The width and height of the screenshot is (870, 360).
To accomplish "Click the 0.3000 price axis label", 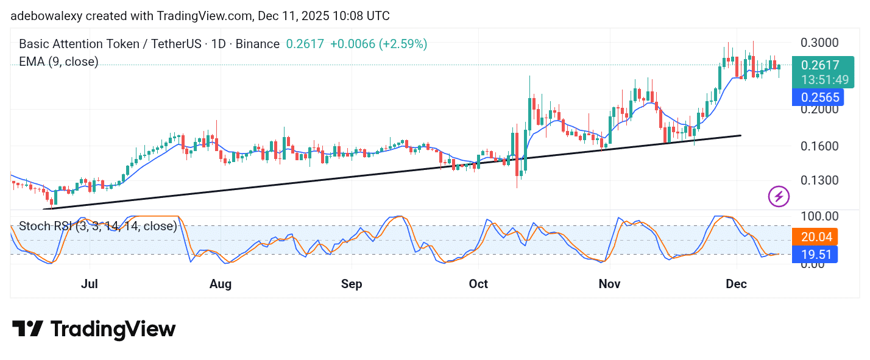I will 819,43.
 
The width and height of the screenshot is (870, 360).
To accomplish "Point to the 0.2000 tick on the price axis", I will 819,110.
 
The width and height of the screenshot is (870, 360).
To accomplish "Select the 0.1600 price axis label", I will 819,146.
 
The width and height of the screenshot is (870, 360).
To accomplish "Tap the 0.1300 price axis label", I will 819,181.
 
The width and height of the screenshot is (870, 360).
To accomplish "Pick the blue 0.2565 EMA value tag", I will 819,97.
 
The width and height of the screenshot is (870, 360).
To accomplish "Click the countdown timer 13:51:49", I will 824,80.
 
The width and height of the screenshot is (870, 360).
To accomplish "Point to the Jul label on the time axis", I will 90,284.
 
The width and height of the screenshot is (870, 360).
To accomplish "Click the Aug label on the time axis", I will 221,284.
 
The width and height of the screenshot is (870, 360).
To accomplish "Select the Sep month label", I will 352,284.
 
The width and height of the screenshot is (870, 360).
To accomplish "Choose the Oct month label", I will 478,284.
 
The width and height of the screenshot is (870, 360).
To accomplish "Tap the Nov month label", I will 610,284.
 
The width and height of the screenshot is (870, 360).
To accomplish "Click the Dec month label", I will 737,284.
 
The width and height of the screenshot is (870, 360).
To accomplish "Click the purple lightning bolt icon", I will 779,196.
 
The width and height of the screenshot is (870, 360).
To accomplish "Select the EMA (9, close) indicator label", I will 58,62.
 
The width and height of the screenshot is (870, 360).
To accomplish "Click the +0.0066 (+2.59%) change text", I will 378,44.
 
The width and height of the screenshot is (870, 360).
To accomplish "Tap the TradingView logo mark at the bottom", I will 27,330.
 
